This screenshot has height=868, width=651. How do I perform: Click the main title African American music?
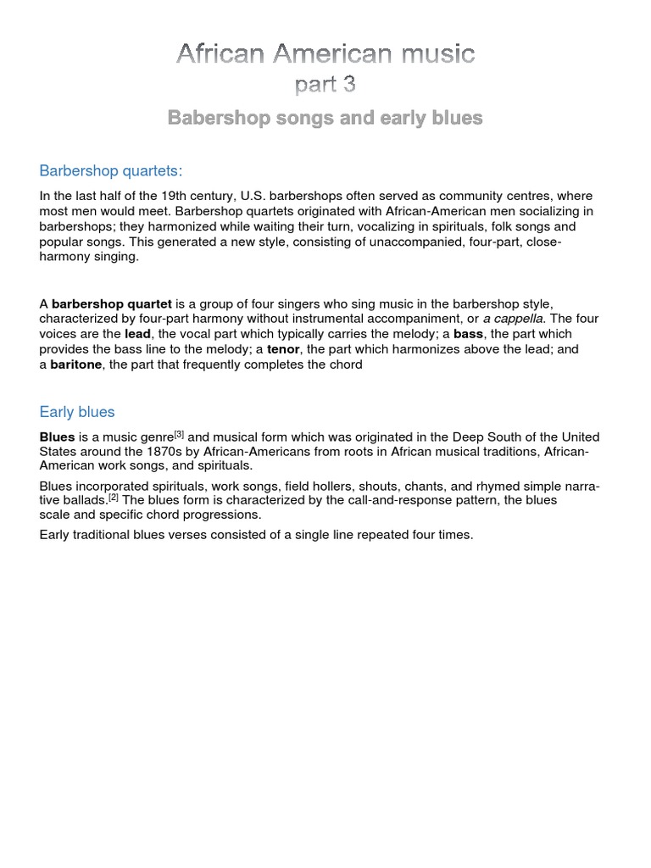pos(325,54)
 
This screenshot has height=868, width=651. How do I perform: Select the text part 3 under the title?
pos(325,86)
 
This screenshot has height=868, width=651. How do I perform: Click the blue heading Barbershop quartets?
pos(111,170)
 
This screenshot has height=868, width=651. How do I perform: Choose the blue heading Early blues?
pos(77,412)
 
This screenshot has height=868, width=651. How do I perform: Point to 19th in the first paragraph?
pos(175,196)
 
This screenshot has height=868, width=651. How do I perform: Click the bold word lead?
pos(137,334)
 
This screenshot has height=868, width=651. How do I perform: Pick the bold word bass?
pos(468,334)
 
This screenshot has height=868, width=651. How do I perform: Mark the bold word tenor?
pos(283,349)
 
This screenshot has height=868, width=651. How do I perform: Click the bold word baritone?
pos(76,364)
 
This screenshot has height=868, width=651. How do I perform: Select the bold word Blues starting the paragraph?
pos(57,437)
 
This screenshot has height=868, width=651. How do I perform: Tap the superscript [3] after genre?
pos(179,434)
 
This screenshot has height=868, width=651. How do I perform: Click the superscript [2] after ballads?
pos(113,497)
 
